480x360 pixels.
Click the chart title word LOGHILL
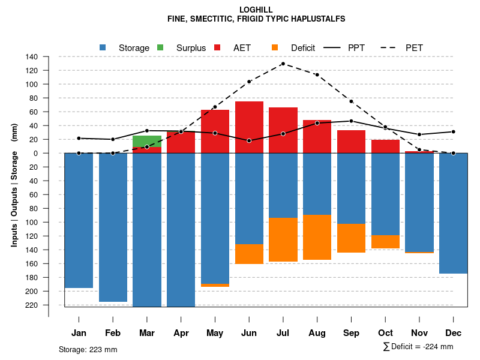256,10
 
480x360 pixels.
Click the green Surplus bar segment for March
147,141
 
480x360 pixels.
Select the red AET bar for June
249,127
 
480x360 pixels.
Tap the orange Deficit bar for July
283,239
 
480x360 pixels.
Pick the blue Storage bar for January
79,220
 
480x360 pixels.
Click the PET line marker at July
283,64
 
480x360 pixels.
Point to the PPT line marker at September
351,121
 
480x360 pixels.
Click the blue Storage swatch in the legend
103,47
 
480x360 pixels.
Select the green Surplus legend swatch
160,47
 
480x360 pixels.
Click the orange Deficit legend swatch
275,47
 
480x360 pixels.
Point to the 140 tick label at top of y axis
32,57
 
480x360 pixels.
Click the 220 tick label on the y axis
32,305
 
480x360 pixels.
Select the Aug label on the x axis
317,333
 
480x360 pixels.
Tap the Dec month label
454,333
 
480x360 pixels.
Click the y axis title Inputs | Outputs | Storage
14,185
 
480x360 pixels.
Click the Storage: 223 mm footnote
88,349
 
